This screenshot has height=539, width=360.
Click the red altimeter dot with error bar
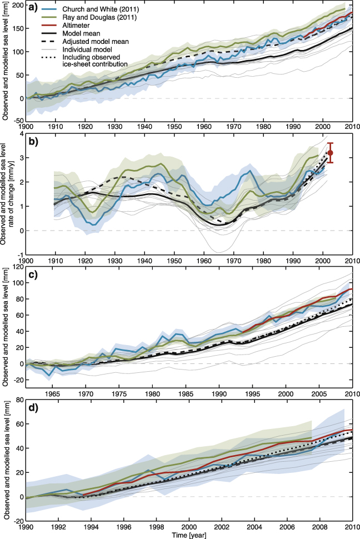coord(331,152)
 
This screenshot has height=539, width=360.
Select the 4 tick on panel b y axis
coord(19,134)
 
